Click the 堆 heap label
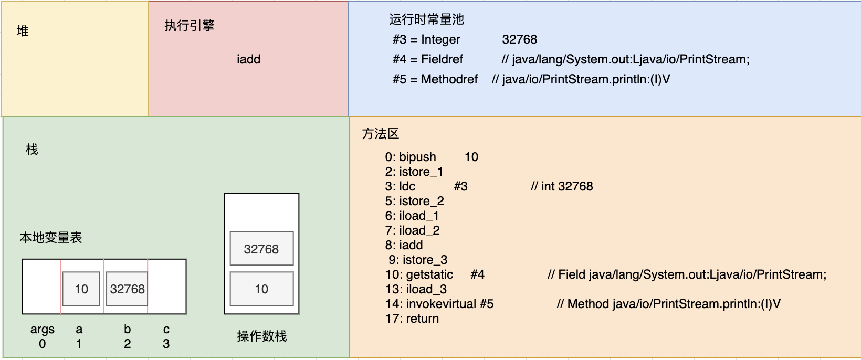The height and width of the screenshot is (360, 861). click(23, 31)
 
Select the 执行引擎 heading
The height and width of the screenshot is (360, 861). click(190, 25)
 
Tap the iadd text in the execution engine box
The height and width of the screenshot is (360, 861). click(249, 59)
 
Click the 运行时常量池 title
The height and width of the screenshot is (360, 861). click(427, 19)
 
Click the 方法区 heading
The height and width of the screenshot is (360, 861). click(381, 134)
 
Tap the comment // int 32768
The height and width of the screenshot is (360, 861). click(562, 186)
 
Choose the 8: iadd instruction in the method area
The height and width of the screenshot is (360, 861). click(404, 245)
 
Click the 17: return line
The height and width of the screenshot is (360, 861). click(412, 319)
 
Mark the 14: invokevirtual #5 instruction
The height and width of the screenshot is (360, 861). click(439, 304)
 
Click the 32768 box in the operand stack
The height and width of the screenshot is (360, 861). click(262, 249)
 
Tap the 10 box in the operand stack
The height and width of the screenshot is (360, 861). click(262, 289)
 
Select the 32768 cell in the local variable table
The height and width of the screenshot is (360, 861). click(127, 289)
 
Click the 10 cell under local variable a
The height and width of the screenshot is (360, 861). click(81, 289)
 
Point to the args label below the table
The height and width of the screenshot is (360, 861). click(43, 329)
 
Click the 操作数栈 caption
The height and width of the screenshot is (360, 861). click(262, 336)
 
